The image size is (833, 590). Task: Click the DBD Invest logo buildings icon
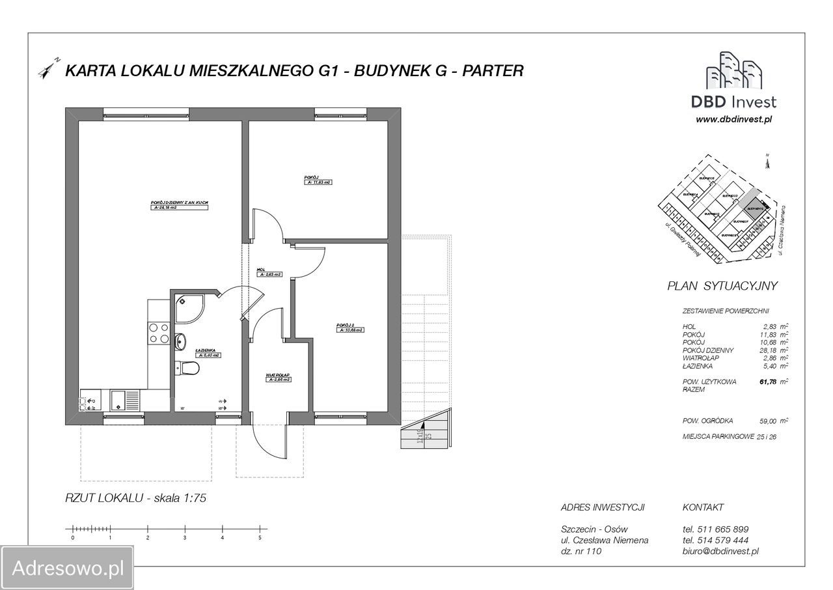pyautogui.click(x=734, y=70)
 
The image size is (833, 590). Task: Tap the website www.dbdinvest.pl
pyautogui.click(x=733, y=119)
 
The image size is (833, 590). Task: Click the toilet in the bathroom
pyautogui.click(x=189, y=369)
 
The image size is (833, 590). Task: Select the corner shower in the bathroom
pyautogui.click(x=190, y=309)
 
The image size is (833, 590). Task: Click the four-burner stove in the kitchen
pyautogui.click(x=159, y=333)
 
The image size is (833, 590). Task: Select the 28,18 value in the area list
pyautogui.click(x=768, y=350)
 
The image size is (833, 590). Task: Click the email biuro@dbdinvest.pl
pyautogui.click(x=720, y=551)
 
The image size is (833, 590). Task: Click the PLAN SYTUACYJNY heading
pyautogui.click(x=722, y=285)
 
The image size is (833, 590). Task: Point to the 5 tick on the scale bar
pyautogui.click(x=260, y=538)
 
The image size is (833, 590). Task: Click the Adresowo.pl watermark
pyautogui.click(x=68, y=568)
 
